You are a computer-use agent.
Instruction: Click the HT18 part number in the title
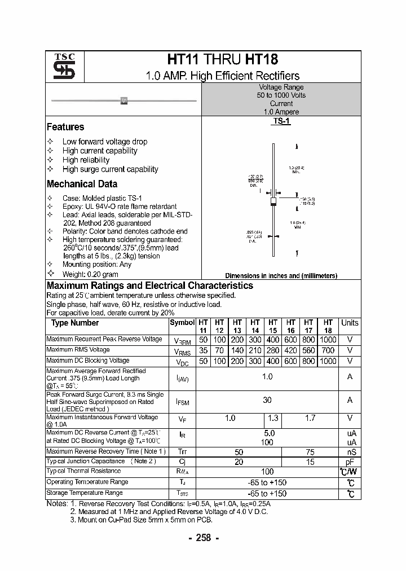[262, 60]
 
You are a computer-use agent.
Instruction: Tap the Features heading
[65, 127]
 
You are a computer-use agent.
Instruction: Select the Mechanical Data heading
[82, 184]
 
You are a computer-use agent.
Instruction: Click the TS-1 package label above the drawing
[281, 121]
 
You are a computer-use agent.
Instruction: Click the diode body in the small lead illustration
[124, 100]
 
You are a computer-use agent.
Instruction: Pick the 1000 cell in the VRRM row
[328, 340]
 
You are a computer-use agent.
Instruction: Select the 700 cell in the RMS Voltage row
[328, 350]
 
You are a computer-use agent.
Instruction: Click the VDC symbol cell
[182, 361]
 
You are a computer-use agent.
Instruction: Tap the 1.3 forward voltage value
[273, 418]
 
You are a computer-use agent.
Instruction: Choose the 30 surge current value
[267, 400]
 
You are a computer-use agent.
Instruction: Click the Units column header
[350, 323]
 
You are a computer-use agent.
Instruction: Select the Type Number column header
[75, 323]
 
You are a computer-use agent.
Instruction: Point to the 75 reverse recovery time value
[309, 452]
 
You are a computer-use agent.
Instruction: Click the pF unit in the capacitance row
[350, 462]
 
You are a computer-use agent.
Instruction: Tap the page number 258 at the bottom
[202, 538]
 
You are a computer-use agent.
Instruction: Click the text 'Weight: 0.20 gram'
[90, 274]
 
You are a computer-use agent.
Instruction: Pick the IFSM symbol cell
[182, 401]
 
